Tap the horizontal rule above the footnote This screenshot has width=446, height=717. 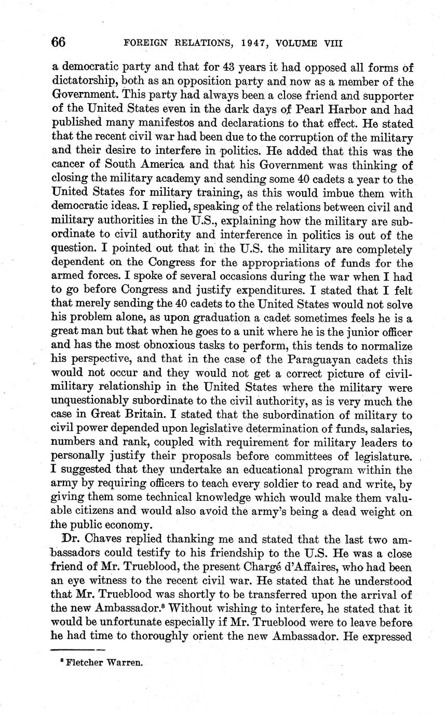click(x=77, y=649)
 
